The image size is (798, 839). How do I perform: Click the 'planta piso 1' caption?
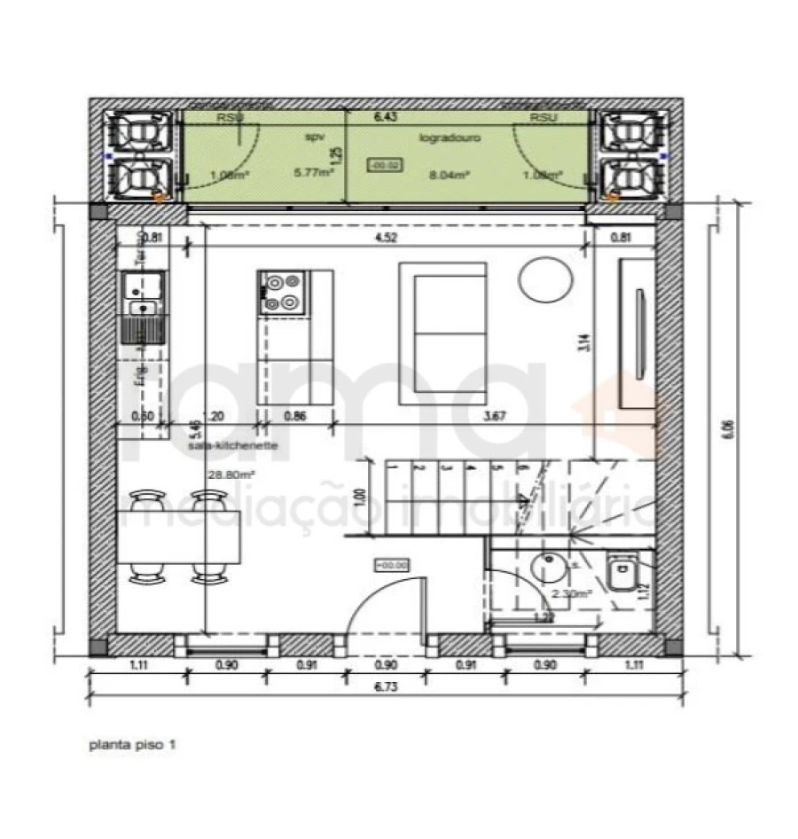tap(132, 746)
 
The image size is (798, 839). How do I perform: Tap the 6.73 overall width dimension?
tap(385, 686)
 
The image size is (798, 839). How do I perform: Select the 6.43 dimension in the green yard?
tap(384, 117)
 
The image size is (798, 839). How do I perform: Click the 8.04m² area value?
tap(448, 176)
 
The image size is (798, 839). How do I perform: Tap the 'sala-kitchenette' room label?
tap(233, 446)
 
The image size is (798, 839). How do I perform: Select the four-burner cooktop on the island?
tap(284, 293)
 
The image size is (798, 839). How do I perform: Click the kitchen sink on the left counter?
tap(142, 308)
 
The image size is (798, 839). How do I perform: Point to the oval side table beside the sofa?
tap(545, 281)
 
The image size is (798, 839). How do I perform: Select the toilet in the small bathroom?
tap(619, 572)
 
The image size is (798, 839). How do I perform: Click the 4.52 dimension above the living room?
tap(386, 237)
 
